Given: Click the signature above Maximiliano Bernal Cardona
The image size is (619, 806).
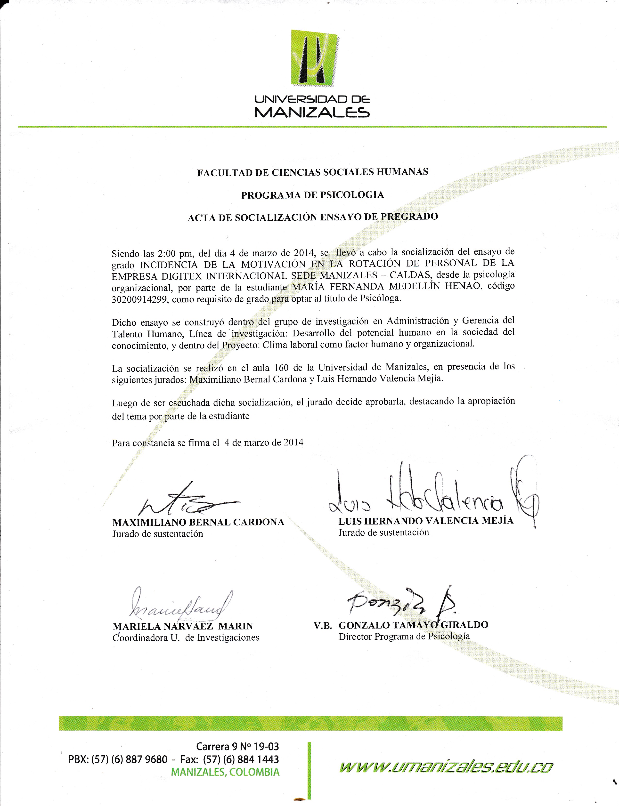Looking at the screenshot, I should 184,500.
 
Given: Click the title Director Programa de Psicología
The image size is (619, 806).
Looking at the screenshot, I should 404,636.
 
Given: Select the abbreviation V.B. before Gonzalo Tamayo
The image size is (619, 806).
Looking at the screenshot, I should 323,625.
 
